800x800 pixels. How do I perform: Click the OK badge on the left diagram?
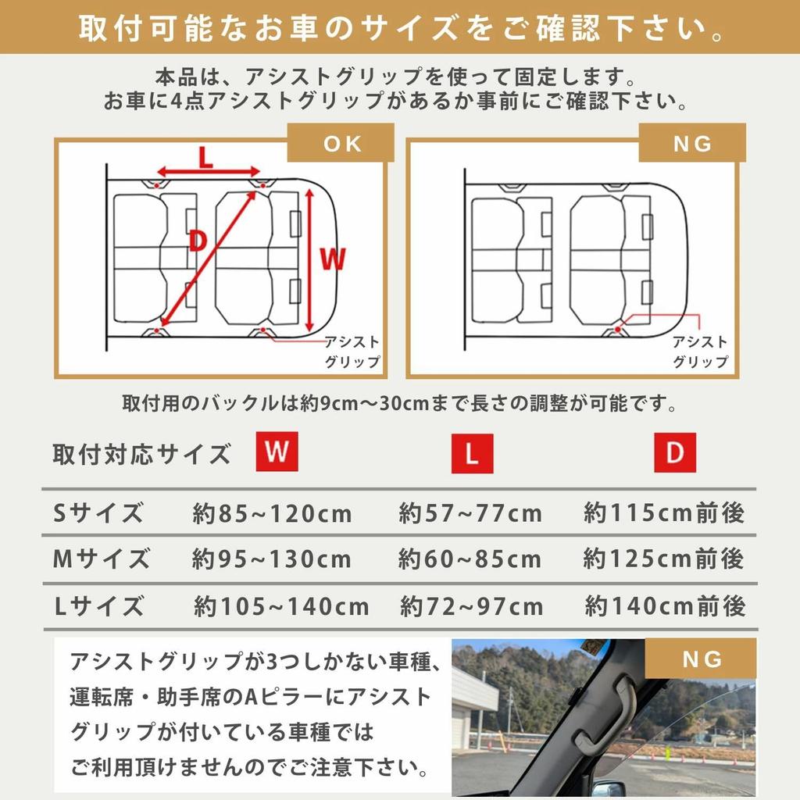[341, 144]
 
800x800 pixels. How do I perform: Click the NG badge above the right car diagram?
[691, 144]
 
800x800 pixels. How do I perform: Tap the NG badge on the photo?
[702, 659]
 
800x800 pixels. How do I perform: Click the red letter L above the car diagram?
[205, 158]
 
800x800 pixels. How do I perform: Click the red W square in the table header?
[277, 452]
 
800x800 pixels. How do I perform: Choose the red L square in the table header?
[472, 454]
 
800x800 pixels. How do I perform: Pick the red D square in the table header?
[674, 452]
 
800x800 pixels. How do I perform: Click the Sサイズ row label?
[98, 513]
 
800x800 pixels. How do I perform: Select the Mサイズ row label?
[101, 559]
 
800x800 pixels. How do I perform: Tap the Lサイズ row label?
[98, 606]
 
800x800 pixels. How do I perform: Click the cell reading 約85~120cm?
[272, 514]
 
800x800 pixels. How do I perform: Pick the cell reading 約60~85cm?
[470, 559]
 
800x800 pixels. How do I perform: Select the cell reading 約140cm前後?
[665, 606]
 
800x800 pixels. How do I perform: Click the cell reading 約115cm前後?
[664, 513]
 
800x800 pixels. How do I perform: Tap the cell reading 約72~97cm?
[471, 606]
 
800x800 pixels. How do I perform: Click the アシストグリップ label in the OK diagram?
[352, 352]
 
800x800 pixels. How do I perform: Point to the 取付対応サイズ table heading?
[141, 454]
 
